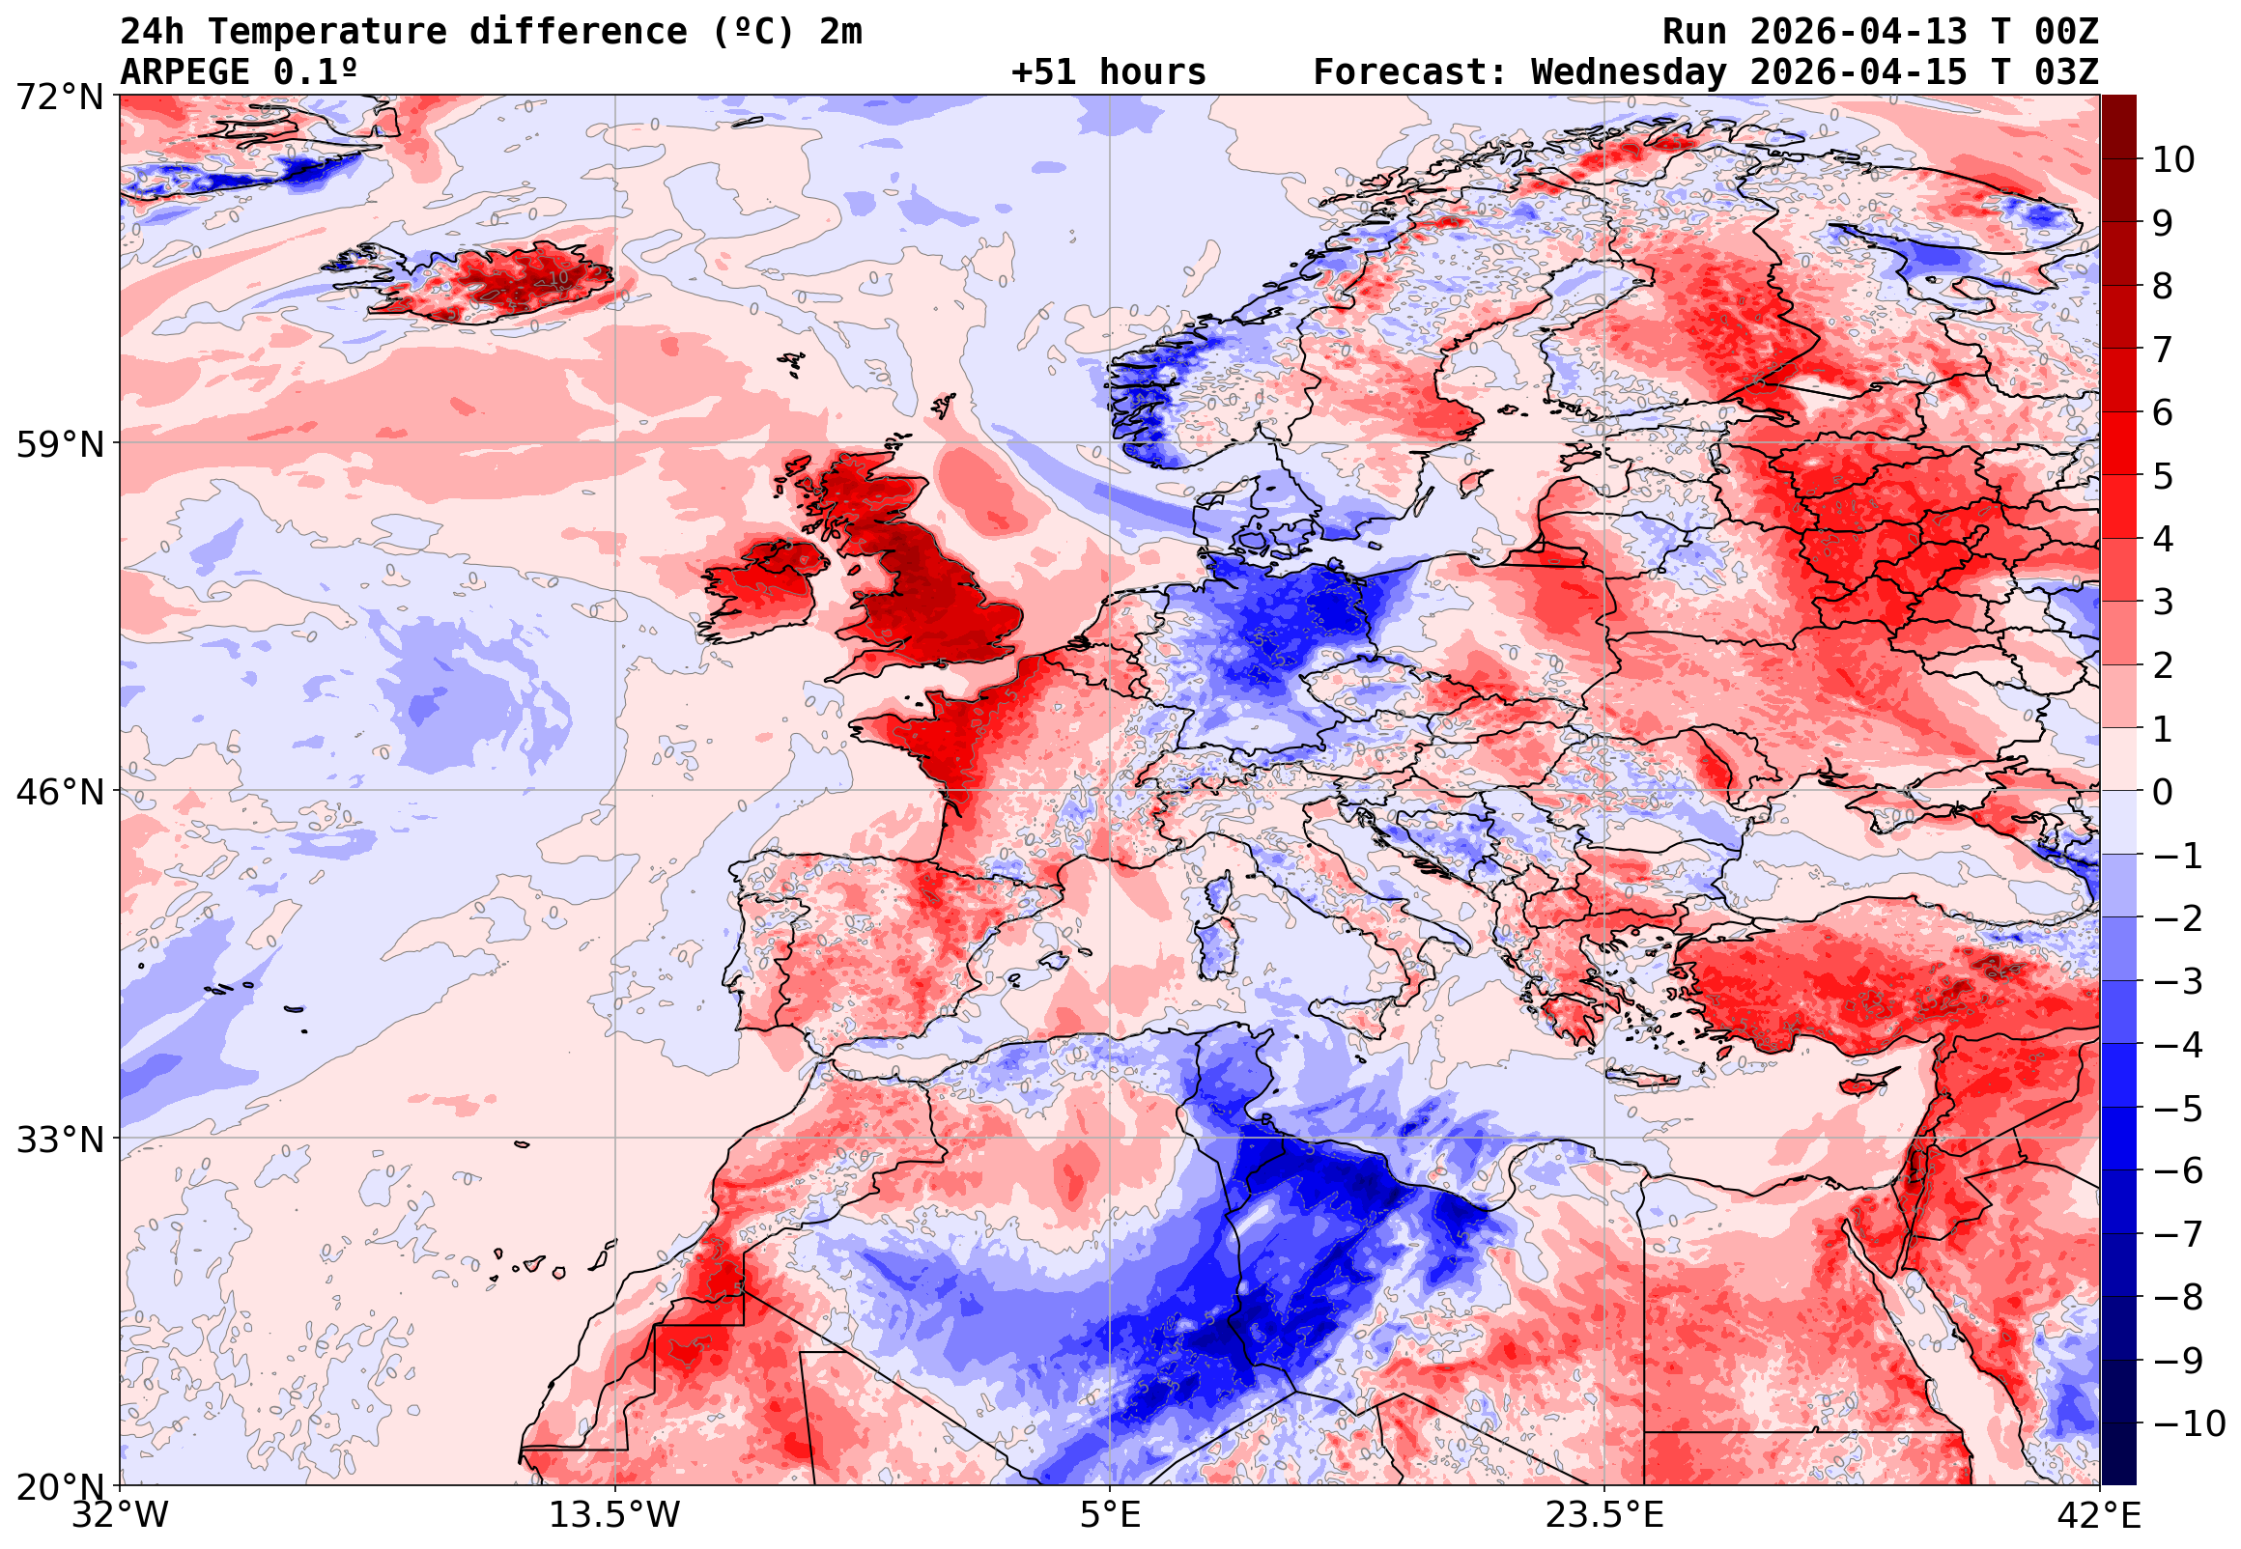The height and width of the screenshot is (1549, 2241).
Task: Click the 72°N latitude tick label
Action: [x=59, y=98]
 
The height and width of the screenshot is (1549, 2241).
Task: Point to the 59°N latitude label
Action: [x=59, y=444]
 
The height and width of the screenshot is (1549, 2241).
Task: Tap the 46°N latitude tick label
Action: [x=59, y=792]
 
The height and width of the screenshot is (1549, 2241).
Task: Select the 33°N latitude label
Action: [x=59, y=1140]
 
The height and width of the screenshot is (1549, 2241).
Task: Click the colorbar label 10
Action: [x=2173, y=160]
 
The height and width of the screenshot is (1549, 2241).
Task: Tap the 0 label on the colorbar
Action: [x=2163, y=793]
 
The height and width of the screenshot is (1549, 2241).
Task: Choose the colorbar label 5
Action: [x=2163, y=476]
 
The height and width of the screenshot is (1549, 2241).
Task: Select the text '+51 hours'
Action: [x=1108, y=72]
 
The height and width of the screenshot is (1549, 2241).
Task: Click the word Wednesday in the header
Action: [x=1630, y=72]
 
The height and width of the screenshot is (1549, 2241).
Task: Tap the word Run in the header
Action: [x=1694, y=32]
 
